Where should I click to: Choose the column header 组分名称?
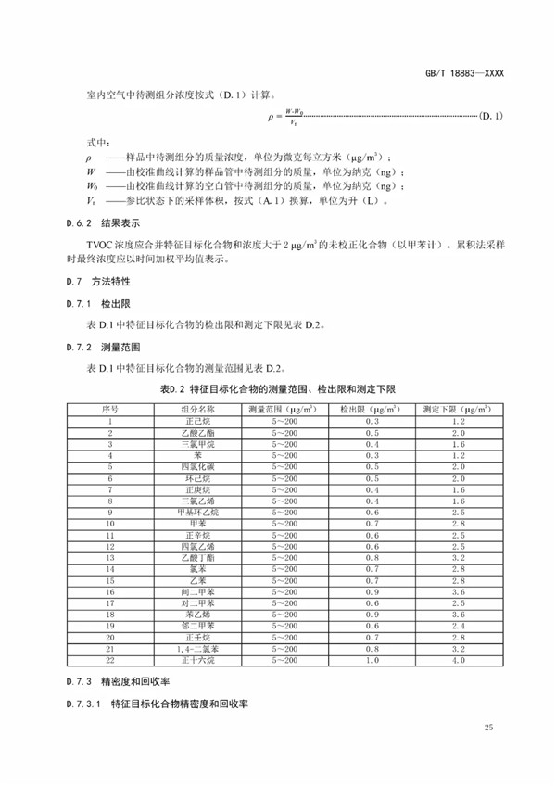click(197, 408)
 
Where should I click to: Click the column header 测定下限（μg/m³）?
click(458, 408)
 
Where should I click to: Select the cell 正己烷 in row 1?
click(197, 421)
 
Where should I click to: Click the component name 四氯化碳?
click(197, 468)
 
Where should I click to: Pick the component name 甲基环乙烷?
click(197, 513)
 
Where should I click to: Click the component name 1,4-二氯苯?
click(197, 649)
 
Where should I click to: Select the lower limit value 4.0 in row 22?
click(458, 660)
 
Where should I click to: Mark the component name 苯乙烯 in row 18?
click(197, 615)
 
